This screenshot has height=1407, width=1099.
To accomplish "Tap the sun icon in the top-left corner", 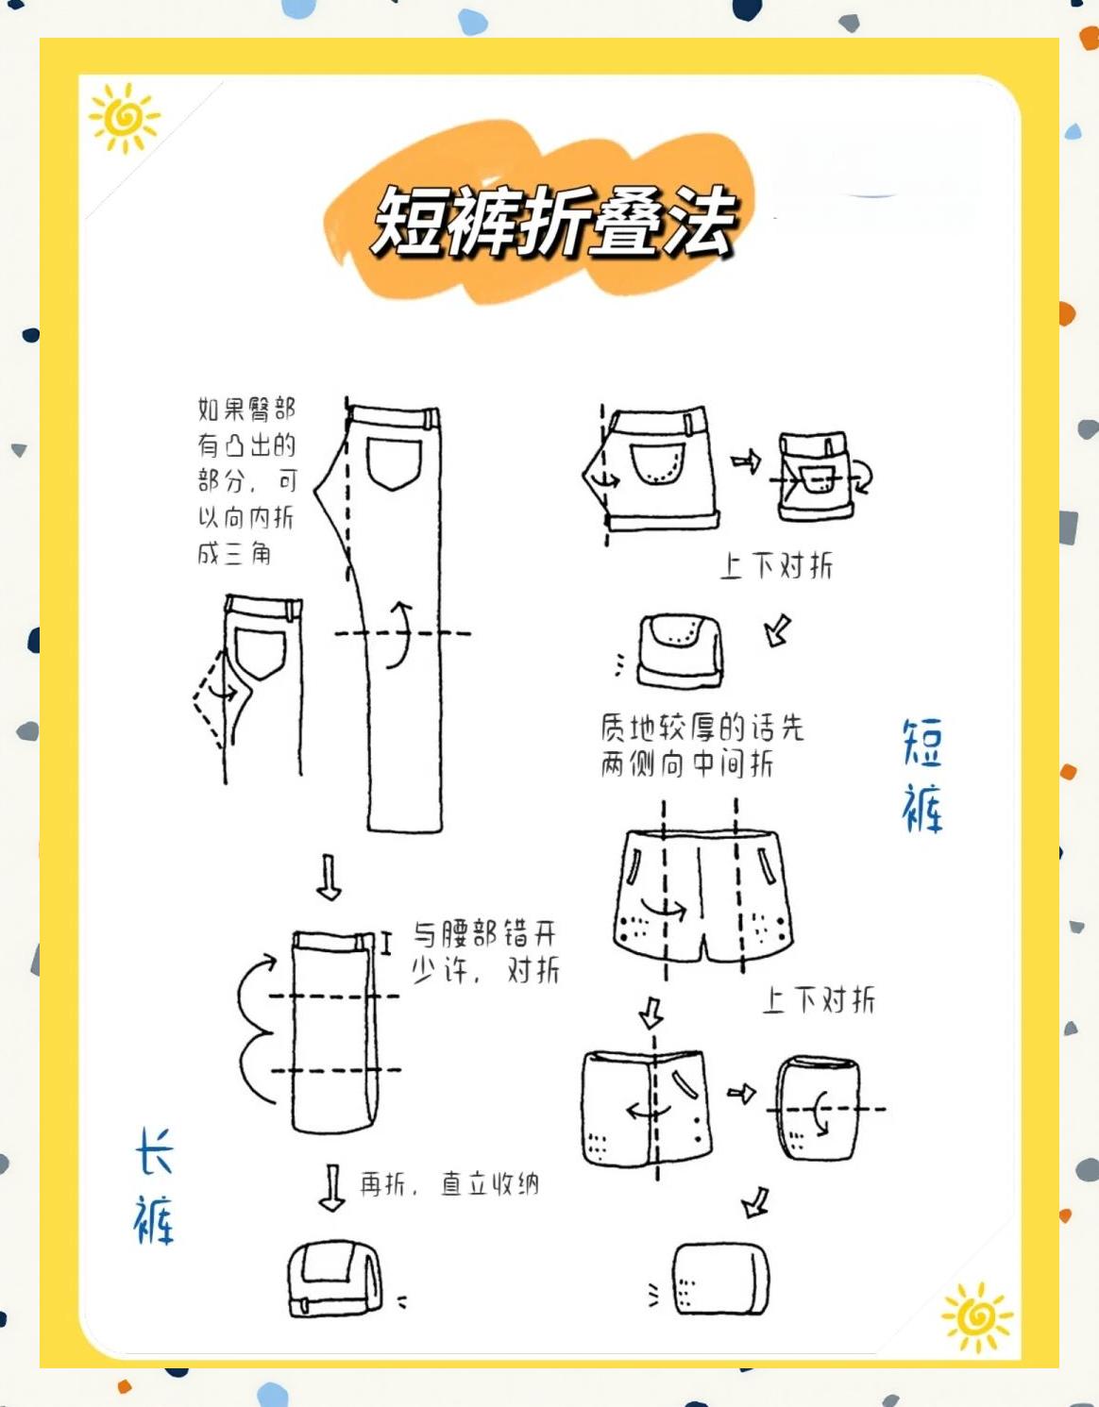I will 124,117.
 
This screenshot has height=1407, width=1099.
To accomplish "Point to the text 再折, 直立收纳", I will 448,1183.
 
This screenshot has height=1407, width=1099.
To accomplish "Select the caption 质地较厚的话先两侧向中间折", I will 701,745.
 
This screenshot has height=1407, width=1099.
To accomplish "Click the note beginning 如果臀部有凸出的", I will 246,480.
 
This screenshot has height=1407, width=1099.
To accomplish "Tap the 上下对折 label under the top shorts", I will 776,566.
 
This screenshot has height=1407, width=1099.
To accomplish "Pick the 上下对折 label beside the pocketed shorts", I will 819,1000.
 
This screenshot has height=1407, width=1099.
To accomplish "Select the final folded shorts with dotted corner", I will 721,1280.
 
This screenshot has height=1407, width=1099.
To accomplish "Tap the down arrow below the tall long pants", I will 329,878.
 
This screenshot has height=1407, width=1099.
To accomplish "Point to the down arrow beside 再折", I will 331,1187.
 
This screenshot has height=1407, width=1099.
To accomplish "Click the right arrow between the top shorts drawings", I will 746,461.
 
